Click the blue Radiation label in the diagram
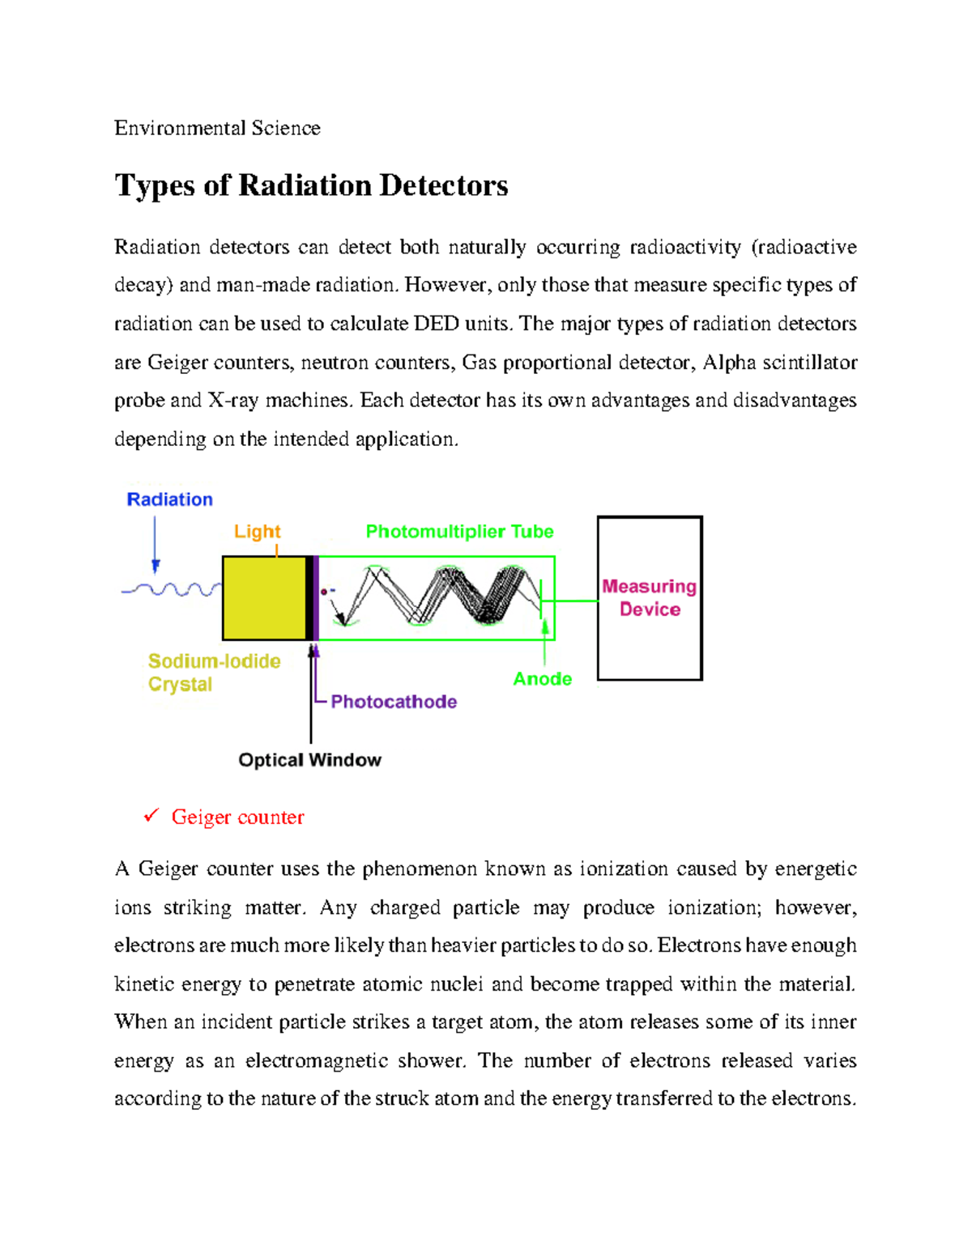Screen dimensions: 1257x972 169,499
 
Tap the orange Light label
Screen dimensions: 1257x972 257,532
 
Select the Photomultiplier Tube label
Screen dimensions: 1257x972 459,532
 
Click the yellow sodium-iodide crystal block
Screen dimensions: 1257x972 264,598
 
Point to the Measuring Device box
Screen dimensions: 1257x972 650,598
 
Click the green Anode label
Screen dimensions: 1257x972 542,679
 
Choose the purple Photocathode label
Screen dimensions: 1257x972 394,702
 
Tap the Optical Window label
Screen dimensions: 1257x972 309,760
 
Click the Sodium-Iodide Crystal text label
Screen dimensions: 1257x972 214,673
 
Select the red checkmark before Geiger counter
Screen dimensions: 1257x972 151,816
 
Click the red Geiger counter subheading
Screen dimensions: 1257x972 237,817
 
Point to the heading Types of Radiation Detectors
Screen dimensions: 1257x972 311,185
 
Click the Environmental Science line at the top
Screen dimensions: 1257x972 217,128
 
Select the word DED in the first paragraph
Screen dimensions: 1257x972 436,324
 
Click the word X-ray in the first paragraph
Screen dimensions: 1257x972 233,401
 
